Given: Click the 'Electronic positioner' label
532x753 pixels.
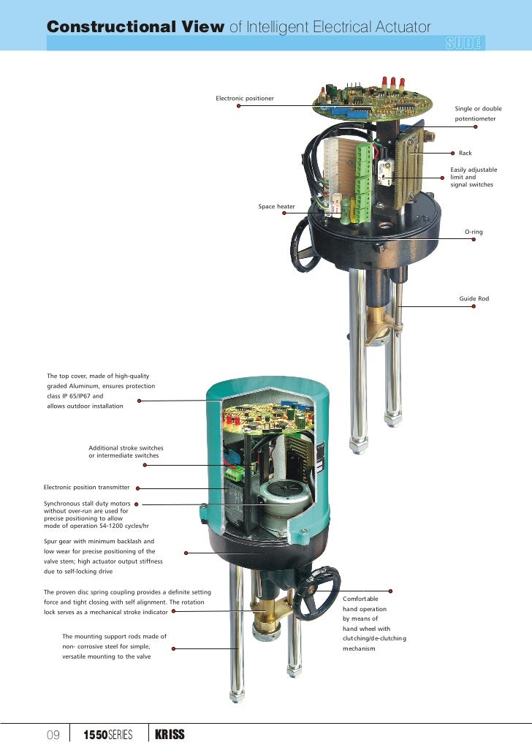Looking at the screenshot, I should click(245, 98).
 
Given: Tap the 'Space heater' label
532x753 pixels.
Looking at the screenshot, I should click(276, 207).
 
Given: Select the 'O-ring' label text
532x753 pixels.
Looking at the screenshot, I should click(474, 232).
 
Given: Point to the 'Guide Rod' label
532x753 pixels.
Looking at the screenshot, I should click(474, 299).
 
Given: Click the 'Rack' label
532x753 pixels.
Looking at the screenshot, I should click(465, 154).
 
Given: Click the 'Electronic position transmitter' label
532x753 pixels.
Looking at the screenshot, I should click(86, 487).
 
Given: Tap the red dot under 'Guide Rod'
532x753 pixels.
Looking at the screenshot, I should click(474, 306).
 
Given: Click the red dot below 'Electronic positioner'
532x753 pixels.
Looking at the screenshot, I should click(238, 106).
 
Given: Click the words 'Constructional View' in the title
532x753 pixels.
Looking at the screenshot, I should click(135, 27).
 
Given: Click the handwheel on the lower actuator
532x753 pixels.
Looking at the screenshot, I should click(316, 592).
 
